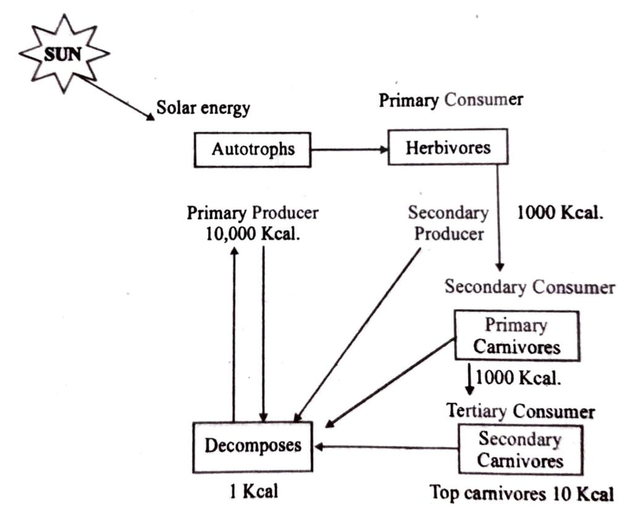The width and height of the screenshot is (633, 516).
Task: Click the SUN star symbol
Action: point(64,54)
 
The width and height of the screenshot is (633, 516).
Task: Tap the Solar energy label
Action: point(203,108)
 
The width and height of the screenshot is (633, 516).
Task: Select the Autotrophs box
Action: point(252,149)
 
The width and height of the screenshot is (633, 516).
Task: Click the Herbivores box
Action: point(448,147)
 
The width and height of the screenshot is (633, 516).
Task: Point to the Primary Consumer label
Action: point(451,99)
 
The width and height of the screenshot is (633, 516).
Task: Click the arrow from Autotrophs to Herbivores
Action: point(349,149)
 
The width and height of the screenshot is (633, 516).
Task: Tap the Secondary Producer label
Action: point(448,224)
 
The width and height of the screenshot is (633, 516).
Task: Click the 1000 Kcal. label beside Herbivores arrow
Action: point(560,213)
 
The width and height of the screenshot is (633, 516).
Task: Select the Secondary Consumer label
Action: point(530,287)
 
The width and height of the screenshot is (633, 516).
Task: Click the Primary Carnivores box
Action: point(516,336)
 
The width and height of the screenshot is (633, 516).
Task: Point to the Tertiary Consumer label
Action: point(520,411)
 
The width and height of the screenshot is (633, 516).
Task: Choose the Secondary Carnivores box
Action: point(520,450)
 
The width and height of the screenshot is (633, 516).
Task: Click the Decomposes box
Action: point(253,446)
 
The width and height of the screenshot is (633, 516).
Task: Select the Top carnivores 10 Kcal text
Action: point(522,493)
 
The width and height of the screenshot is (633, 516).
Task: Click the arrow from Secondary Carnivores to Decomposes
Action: point(386,447)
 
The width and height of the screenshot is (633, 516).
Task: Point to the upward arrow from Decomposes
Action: point(234,334)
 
